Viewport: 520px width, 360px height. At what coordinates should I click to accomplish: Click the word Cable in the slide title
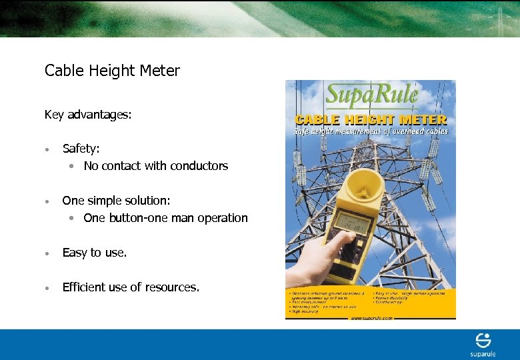coord(60,71)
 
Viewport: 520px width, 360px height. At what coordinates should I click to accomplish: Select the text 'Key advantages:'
coord(88,115)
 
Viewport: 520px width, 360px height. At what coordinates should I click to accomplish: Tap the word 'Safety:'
coord(81,149)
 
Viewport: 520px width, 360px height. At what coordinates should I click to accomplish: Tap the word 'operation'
coord(221,219)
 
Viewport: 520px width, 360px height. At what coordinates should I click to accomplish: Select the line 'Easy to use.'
coord(94,253)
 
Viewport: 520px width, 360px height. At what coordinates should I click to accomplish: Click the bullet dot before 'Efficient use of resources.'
coord(47,288)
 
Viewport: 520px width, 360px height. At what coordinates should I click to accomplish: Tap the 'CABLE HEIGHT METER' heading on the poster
coord(371,120)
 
